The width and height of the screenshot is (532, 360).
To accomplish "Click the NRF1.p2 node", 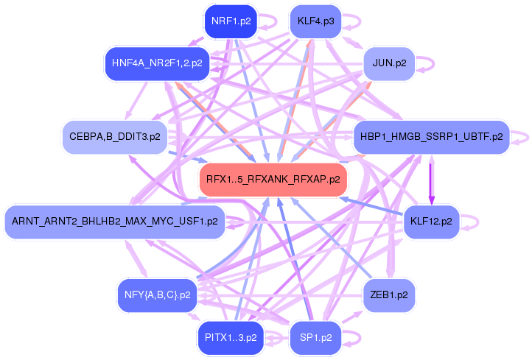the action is pos(231,21).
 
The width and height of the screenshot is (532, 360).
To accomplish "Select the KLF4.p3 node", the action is pos(315,21).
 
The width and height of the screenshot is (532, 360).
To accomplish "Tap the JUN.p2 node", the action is pos(389,63).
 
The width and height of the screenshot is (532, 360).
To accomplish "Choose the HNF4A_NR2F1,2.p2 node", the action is pos(157,63).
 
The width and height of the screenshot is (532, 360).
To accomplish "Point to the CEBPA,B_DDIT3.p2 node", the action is pos(115,137).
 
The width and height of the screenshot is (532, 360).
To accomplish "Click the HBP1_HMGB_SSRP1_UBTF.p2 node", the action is pos(432,137).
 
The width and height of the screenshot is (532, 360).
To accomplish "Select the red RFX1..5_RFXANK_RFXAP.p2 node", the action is pos(273,180).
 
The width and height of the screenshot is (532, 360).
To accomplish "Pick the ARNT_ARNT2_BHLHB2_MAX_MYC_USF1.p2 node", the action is pos(115,222).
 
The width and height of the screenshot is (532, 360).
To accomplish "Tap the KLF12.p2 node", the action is pos(431,222).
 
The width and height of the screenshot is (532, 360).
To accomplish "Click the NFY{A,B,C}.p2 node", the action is pos(157,295).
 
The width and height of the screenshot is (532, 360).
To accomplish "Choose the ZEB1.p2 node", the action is pos(389,295).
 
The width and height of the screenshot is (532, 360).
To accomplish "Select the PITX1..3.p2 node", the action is pos(231,338).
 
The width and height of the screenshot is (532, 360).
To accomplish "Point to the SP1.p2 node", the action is pos(315,338).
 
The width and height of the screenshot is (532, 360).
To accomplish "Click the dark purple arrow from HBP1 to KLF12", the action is pos(431,180).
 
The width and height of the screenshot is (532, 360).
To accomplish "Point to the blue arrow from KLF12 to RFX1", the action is pos(372,205).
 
